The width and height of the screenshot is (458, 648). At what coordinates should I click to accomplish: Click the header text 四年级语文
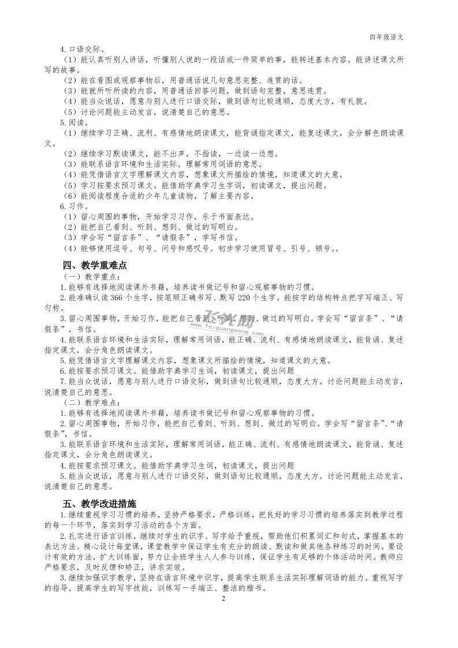[386, 36]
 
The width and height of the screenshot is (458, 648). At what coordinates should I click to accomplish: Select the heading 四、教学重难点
[94, 266]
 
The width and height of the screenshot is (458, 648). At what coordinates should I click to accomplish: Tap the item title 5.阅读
[72, 122]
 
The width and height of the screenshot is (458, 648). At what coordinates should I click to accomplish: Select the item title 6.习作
[72, 206]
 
